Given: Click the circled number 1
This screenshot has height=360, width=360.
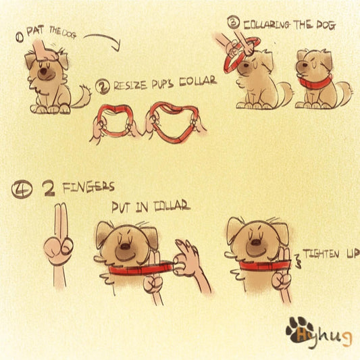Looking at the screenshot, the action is [x=20, y=37].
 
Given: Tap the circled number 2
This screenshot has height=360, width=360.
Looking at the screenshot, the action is [x=103, y=86].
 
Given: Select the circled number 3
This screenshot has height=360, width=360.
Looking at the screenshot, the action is [x=234, y=22].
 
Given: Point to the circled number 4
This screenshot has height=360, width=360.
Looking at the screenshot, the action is [x=22, y=190].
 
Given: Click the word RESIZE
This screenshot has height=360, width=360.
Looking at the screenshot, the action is [x=130, y=85].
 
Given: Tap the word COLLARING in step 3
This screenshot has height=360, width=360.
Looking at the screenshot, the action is [x=267, y=25].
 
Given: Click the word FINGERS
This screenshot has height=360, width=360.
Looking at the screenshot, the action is [x=88, y=188].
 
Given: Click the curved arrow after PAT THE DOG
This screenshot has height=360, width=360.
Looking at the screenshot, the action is [x=105, y=36].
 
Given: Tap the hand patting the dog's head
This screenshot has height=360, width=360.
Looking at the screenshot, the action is [x=44, y=51].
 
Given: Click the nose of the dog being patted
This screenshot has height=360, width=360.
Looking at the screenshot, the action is [x=43, y=72].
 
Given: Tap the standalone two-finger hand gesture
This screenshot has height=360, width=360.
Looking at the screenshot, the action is [x=59, y=247].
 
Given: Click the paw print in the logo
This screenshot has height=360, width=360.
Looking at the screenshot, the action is [x=300, y=330].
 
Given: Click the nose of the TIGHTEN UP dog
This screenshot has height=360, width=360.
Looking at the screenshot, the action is [x=255, y=242].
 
